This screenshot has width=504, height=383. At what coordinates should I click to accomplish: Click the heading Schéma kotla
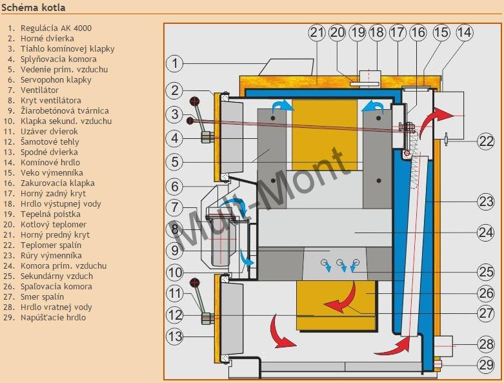coord(34,7)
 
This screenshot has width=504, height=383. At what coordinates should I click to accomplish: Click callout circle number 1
coord(174,63)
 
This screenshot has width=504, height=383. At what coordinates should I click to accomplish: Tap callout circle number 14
coord(465,32)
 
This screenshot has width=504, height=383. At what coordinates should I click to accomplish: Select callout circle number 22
coord(485,141)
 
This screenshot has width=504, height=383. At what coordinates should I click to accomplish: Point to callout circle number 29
coord(485,365)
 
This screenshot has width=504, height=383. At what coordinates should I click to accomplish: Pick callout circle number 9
coord(174,250)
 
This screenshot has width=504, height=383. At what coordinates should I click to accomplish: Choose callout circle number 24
coord(485,232)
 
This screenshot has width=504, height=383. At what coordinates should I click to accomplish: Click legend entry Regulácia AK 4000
coord(56,28)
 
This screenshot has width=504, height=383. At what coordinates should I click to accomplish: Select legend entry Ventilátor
coord(39,90)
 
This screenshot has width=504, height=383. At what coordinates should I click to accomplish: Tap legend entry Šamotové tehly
coord(50,142)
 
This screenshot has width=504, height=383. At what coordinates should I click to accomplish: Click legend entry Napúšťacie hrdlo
coord(53,317)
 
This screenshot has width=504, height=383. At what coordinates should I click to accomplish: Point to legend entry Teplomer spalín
coord(51,245)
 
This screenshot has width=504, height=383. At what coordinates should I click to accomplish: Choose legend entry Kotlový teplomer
coord(54,225)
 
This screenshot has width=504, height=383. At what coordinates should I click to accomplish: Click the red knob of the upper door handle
coord(194,101)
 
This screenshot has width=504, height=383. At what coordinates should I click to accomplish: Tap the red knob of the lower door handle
coord(194,283)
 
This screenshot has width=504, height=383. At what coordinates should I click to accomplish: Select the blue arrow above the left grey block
coord(283,105)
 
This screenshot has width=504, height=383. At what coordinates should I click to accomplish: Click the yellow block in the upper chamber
coord(325,134)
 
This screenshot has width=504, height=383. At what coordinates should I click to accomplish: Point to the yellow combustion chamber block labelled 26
coord(336,305)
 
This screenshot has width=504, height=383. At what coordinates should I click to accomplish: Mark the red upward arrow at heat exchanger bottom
coord(394,347)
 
